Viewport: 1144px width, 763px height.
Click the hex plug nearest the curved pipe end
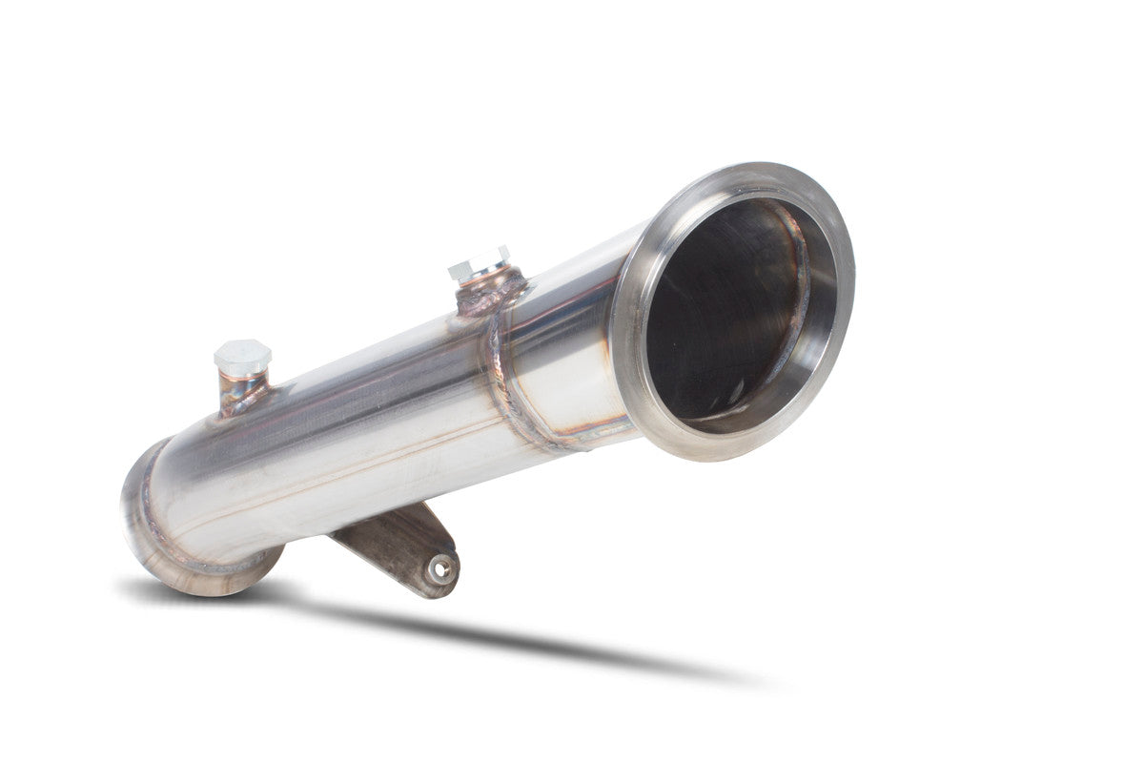click(x=242, y=357)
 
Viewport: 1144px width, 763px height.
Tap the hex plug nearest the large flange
click(x=480, y=262)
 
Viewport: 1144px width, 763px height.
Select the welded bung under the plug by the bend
click(x=242, y=393)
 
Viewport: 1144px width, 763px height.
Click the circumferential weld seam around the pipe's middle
click(x=505, y=381)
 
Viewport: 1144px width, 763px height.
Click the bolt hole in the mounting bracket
click(x=439, y=568)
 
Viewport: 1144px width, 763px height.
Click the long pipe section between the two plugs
click(x=362, y=401)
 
